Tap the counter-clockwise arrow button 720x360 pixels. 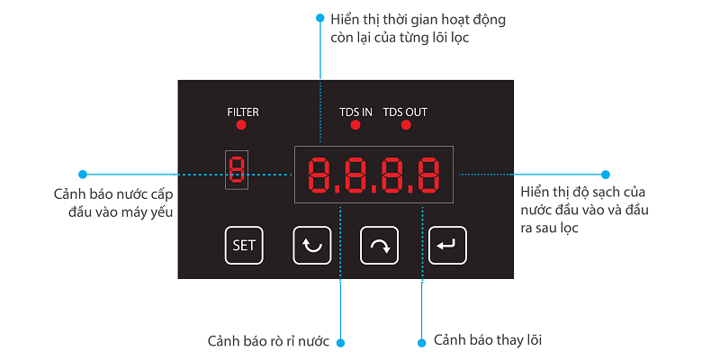pos(312,245)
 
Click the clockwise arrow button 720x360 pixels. pos(379,245)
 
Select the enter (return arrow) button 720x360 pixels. pos(446,245)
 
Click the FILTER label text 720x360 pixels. pos(242,112)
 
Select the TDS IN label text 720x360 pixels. pos(355,112)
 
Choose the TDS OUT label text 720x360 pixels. pos(405,112)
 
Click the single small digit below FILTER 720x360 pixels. pos(237,169)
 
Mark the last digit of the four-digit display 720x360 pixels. pos(428,175)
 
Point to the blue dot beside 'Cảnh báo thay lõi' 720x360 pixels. pos(421,342)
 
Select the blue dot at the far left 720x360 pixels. pos(83,174)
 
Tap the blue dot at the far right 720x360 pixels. pos(606,174)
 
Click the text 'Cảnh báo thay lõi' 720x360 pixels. pos(488,340)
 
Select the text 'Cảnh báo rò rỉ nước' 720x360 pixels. pos(268,342)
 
